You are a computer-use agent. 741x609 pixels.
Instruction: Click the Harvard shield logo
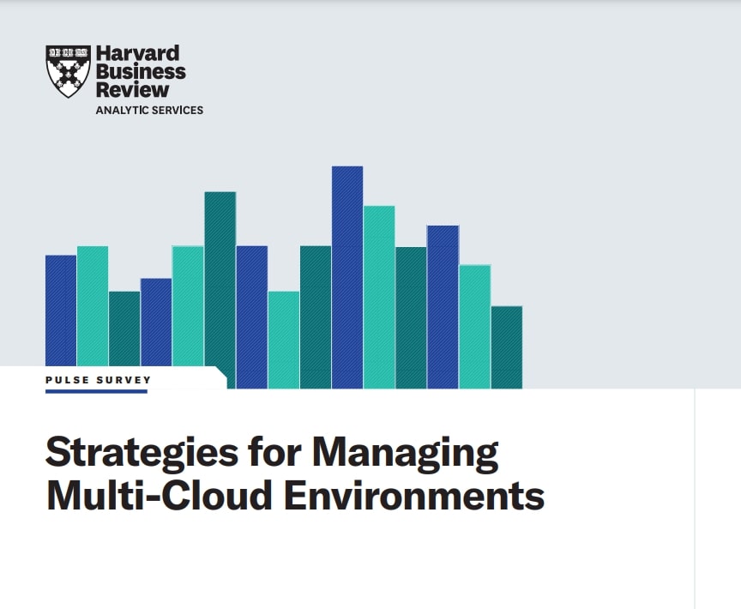[68, 71]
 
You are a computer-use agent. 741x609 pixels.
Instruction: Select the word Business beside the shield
[141, 72]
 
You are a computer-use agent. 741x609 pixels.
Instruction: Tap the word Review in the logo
[133, 89]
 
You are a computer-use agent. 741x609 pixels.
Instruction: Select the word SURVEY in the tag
[123, 379]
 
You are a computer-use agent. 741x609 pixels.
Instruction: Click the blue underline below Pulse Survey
[96, 391]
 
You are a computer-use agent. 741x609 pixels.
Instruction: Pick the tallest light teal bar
[379, 297]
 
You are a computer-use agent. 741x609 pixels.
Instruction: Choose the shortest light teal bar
[284, 340]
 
